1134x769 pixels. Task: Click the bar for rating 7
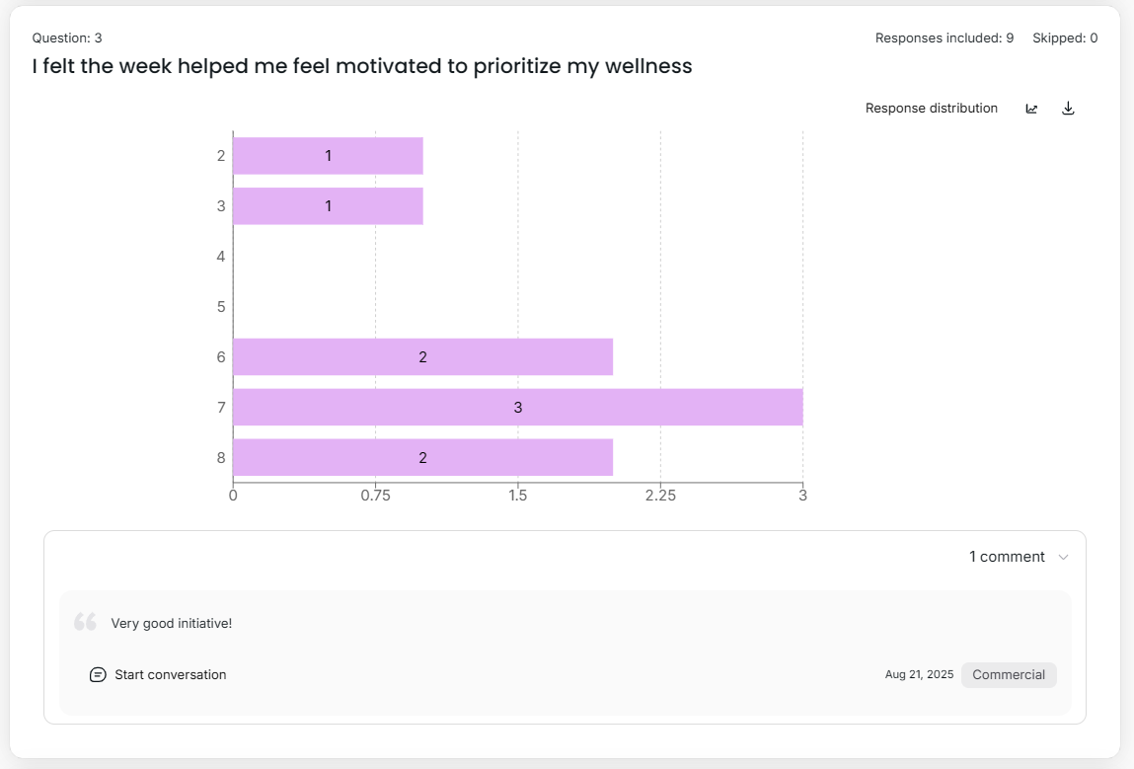point(517,407)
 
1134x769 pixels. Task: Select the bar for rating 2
point(328,156)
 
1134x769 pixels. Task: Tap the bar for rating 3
point(328,206)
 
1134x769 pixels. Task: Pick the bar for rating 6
point(422,356)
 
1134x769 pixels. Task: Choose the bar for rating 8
point(422,457)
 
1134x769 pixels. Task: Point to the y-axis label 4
point(221,257)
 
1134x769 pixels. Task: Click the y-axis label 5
point(221,307)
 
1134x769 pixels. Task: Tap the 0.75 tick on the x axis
point(375,496)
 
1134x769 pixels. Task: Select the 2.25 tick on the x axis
point(660,496)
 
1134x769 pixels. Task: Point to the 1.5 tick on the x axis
point(517,496)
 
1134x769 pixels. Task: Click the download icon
point(1068,109)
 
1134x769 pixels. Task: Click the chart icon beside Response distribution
point(1031,109)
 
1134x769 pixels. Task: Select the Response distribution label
point(931,109)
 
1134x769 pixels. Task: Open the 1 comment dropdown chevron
point(1063,558)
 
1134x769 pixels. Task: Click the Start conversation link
point(170,675)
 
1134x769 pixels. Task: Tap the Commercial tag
point(1008,675)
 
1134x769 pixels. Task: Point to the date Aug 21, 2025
point(919,675)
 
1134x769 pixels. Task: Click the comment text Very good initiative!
point(172,623)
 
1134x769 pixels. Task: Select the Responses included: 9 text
point(944,38)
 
